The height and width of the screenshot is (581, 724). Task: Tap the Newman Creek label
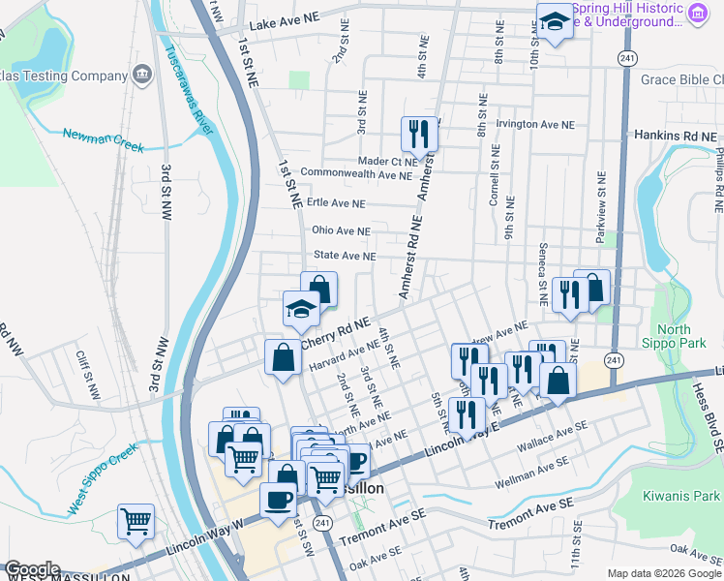pyautogui.click(x=104, y=140)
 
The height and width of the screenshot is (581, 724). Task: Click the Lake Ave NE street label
pyautogui.click(x=284, y=19)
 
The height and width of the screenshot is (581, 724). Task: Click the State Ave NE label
pyautogui.click(x=344, y=256)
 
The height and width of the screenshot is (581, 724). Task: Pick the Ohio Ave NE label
pyautogui.click(x=341, y=230)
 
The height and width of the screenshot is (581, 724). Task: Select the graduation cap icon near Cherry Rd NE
pyautogui.click(x=301, y=309)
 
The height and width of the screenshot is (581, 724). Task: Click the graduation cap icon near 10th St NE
pyautogui.click(x=555, y=20)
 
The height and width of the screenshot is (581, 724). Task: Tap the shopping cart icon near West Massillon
pyautogui.click(x=136, y=521)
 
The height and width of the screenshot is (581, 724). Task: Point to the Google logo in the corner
pyautogui.click(x=32, y=570)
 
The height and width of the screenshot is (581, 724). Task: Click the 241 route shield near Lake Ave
pyautogui.click(x=628, y=57)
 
